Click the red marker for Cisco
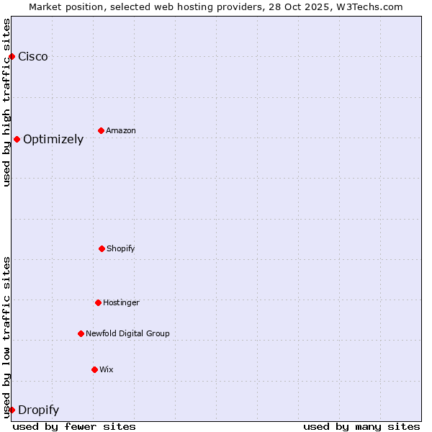[12, 56]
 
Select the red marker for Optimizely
[17, 139]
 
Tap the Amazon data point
[101, 130]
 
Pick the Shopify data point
[102, 248]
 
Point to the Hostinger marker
[98, 302]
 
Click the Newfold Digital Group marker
[81, 333]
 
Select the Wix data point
[94, 369]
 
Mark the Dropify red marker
[12, 410]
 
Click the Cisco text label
[33, 57]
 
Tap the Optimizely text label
[53, 140]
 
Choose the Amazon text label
[121, 130]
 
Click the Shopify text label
[121, 248]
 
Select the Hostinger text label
[121, 302]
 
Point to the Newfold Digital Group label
[127, 333]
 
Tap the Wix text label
[107, 369]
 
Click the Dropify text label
[38, 410]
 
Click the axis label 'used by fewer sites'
[74, 426]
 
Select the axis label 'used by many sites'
[361, 426]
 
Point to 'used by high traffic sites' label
[6, 102]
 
